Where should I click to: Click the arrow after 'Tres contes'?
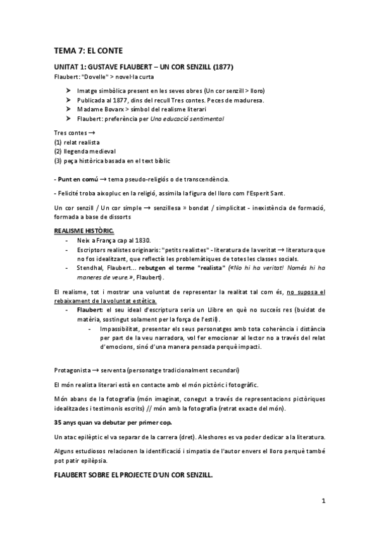92,133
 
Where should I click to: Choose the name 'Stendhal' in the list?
89,267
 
